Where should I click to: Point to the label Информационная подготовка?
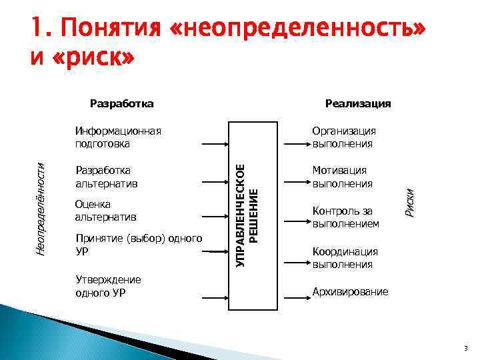119,137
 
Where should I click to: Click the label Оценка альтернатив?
107,210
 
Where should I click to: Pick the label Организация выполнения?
344,137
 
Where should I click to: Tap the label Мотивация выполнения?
343,177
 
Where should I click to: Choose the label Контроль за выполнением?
345,217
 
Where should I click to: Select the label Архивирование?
351,291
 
